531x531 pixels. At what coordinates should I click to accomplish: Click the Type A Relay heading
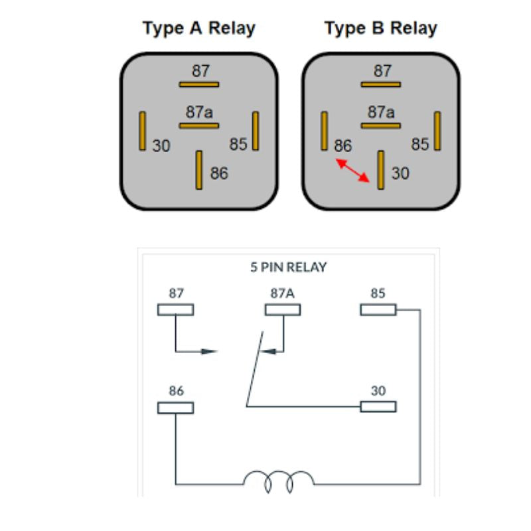(199, 29)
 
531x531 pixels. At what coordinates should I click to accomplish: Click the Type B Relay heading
(381, 29)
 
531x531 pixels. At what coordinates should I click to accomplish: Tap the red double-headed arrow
(352, 170)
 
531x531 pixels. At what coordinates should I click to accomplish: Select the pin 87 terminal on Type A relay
(199, 84)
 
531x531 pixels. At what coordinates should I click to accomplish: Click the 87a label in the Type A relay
(199, 112)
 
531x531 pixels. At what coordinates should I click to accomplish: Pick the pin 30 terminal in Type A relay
(142, 131)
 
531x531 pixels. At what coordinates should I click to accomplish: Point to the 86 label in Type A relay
(219, 174)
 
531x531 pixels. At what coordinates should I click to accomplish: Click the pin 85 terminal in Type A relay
(256, 131)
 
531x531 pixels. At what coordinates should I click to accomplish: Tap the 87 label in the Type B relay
(382, 70)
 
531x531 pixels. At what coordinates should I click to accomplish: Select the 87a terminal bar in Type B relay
(381, 125)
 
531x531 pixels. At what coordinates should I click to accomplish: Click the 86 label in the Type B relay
(342, 146)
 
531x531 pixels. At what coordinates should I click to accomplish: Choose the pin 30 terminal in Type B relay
(381, 170)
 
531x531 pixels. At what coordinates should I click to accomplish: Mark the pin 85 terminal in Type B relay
(437, 131)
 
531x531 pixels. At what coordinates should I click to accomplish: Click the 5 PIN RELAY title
(288, 267)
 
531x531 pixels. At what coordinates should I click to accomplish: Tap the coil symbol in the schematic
(278, 480)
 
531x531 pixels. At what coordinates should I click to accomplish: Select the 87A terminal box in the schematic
(283, 309)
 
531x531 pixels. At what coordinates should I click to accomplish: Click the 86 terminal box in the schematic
(175, 407)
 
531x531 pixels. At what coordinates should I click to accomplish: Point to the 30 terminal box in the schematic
(378, 406)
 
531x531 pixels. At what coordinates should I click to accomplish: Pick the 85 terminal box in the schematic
(378, 309)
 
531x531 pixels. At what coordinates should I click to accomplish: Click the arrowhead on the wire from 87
(210, 350)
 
